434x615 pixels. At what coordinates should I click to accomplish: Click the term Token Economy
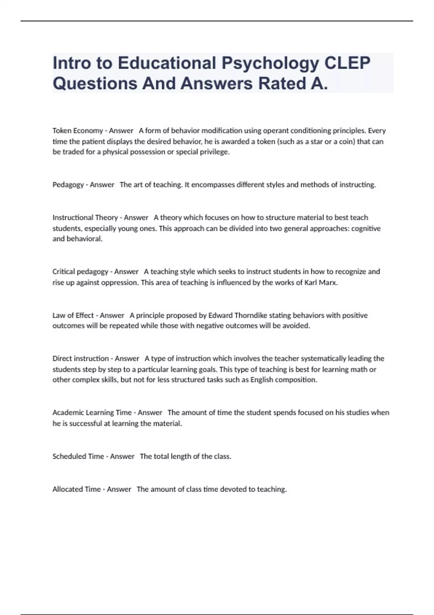click(x=78, y=131)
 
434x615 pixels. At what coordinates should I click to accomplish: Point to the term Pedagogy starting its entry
click(x=68, y=185)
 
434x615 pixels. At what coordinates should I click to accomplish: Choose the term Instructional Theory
click(x=85, y=218)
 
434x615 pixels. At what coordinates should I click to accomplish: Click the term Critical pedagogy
click(x=80, y=272)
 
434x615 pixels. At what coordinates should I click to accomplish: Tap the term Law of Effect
click(x=73, y=315)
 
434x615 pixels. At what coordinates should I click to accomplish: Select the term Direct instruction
click(x=81, y=359)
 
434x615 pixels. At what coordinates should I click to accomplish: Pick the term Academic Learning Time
click(x=92, y=413)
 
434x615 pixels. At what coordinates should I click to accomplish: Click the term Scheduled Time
click(x=78, y=457)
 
